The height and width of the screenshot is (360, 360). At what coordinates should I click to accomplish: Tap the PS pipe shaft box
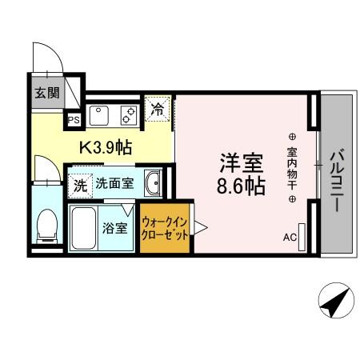[73, 120]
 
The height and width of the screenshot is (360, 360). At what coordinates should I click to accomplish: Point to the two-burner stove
[128, 115]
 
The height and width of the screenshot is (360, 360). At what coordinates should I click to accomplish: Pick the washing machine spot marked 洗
[81, 185]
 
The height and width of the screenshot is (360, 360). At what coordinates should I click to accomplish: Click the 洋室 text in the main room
[242, 163]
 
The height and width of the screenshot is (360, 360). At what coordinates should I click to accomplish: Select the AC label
[290, 238]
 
